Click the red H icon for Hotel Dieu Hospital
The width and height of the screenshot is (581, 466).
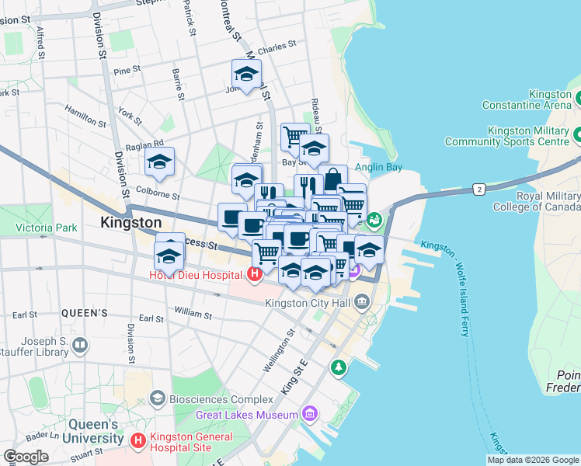tap(253, 274)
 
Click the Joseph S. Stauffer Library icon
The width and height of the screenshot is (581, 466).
tap(79, 344)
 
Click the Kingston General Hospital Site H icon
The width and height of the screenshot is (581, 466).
tap(138, 441)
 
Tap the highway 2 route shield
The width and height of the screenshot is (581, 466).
tap(480, 189)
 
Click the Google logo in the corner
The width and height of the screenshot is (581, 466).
tap(26, 456)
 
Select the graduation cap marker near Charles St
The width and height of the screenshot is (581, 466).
tap(246, 75)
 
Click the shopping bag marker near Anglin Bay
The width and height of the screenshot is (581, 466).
tap(332, 179)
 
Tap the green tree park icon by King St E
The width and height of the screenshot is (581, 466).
tap(339, 366)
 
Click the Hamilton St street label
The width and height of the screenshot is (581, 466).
tap(85, 118)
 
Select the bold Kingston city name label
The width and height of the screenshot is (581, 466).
tap(130, 222)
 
